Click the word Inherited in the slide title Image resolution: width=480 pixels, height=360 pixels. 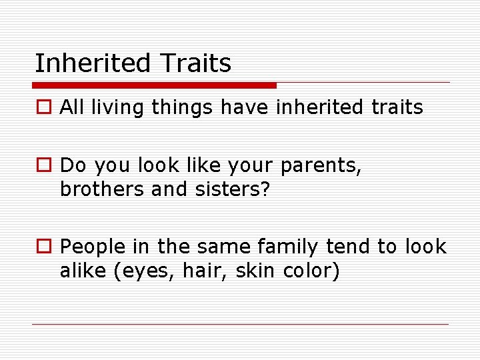[93, 64]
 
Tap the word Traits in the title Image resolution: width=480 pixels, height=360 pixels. [195, 64]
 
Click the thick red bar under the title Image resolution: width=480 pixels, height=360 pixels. [155, 85]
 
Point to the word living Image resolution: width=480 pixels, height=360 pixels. [119, 108]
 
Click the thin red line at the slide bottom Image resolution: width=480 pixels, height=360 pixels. [240, 325]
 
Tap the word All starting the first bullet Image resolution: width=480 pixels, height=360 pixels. [71, 108]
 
